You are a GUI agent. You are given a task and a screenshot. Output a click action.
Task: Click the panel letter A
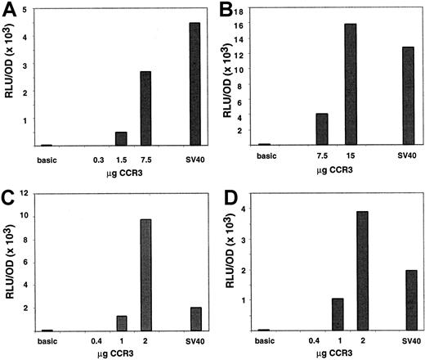tap(11, 11)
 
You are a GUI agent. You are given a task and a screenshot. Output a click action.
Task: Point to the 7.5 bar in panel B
tap(321, 128)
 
